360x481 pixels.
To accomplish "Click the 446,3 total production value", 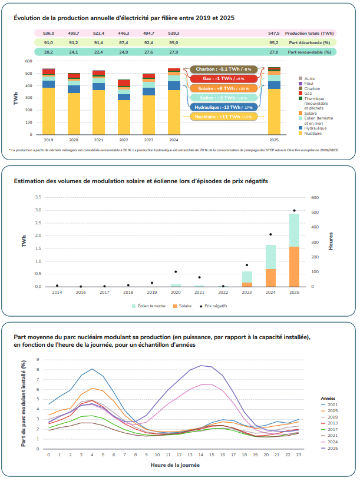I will pos(124,33).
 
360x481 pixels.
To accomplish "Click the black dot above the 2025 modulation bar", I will pos(294,210).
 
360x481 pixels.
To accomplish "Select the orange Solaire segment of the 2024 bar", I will pos(271,278).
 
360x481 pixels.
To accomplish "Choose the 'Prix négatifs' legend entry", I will pos(216,306).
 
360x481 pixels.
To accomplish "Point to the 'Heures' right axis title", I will pos(331,241).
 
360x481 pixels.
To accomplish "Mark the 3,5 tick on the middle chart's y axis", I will pos(38,197).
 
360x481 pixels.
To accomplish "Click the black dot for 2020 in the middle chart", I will pos(176,271).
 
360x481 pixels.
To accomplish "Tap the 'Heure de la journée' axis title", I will pos(175,466).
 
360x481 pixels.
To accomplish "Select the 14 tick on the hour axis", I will pos(202,455).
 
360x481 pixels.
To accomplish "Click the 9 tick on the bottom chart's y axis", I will pos(38,359).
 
